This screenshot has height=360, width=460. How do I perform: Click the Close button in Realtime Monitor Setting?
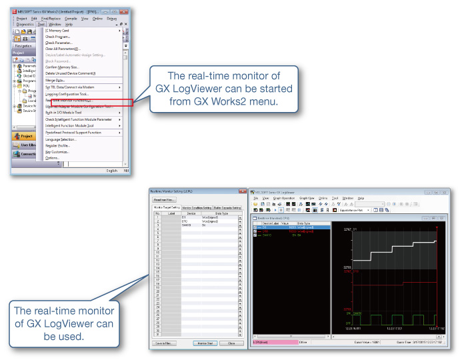(231, 343)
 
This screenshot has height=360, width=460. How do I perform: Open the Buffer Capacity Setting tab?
(227, 208)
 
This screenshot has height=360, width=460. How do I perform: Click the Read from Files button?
(164, 199)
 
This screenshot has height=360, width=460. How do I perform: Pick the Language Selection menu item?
(61, 139)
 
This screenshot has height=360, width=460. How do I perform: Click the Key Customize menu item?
(58, 152)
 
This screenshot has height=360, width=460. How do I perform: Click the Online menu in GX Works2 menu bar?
(97, 18)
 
